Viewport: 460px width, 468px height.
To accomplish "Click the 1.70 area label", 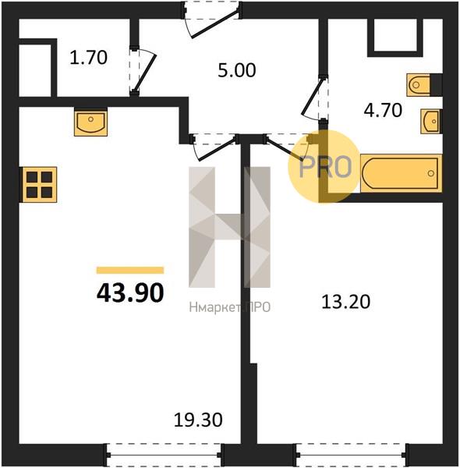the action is point(88,58).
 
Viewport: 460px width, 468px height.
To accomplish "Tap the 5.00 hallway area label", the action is point(236,70).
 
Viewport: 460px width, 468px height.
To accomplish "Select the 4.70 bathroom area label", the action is point(383,110).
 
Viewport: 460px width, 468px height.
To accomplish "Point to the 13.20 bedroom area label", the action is point(345,301).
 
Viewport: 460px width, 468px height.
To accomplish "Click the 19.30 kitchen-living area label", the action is point(198,420).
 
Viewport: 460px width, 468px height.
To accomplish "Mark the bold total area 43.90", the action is point(130,292).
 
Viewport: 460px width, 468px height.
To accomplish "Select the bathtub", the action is point(401,173).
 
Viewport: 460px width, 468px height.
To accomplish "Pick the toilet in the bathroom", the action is point(418,85).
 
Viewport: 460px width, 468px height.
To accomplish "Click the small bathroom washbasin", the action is point(431,121).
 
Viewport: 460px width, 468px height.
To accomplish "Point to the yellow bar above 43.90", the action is point(130,270).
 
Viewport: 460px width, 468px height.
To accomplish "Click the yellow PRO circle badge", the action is point(324,167).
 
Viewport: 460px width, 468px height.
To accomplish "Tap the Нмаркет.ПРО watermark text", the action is point(230,307).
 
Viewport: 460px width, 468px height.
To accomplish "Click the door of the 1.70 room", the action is point(143,71).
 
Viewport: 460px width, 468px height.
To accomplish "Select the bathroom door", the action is point(313,98).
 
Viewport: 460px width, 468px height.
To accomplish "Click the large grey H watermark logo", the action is point(230,227).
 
